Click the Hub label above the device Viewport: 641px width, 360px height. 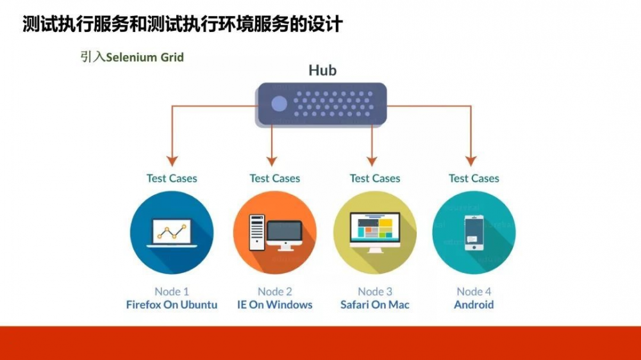[322, 70]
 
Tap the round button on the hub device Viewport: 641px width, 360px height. [279, 104]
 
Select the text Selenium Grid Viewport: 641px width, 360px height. [145, 57]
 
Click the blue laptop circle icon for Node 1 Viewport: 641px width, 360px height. [171, 233]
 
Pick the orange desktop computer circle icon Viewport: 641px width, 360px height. [275, 233]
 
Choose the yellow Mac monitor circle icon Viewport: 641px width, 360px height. [375, 233]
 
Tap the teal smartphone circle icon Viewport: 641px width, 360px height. [474, 233]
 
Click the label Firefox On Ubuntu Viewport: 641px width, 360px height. [172, 304]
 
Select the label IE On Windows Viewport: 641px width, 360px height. [275, 304]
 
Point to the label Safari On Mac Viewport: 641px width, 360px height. [375, 304]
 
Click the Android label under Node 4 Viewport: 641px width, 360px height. [474, 304]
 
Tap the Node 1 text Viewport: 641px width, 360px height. [172, 291]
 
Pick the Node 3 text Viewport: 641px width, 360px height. [375, 291]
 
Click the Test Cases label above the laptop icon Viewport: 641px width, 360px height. [172, 178]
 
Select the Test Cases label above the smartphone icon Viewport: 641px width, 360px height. [474, 178]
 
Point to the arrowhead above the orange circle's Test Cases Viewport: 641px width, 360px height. [272, 160]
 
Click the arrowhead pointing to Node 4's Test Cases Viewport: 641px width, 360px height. [471, 160]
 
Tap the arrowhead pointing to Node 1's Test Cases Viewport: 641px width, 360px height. [172, 160]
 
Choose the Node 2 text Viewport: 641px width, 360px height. [275, 291]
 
